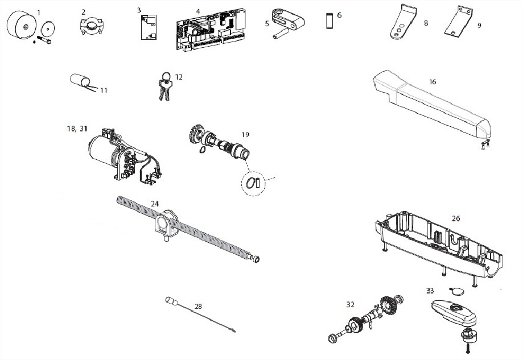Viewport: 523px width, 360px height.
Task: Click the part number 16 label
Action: click(x=433, y=82)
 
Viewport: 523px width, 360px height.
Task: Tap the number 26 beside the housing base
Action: click(x=456, y=218)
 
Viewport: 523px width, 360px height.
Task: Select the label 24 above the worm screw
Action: click(x=154, y=204)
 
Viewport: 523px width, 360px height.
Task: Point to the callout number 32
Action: click(x=350, y=304)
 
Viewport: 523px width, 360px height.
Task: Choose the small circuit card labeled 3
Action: click(x=149, y=27)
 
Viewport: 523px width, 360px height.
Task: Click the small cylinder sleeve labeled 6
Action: click(x=329, y=20)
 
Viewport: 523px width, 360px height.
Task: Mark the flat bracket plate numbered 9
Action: click(x=459, y=20)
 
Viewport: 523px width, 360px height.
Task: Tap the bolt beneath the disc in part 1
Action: click(x=44, y=40)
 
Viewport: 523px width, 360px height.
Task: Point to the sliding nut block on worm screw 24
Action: click(x=166, y=226)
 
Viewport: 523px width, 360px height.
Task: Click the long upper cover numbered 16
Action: click(x=431, y=106)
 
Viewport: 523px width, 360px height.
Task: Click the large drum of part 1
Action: click(x=22, y=26)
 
